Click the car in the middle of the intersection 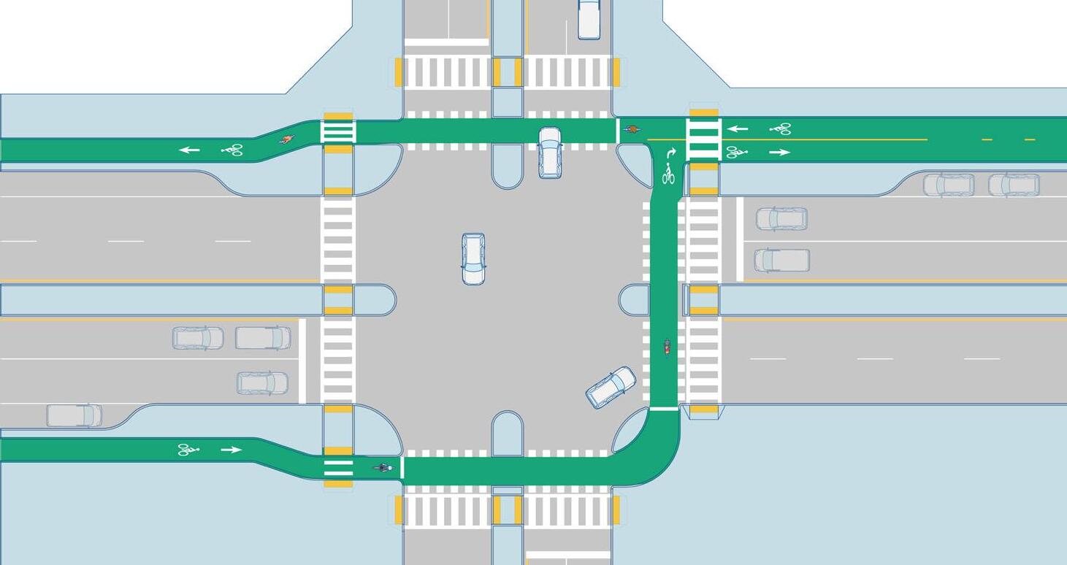click(x=473, y=259)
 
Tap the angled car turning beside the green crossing click(x=611, y=388)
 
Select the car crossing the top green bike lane click(x=550, y=153)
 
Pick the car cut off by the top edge click(x=589, y=19)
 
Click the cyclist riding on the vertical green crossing click(x=667, y=347)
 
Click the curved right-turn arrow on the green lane click(x=671, y=154)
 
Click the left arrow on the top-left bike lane click(x=190, y=150)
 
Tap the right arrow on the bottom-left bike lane click(x=231, y=450)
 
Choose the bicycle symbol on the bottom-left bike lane click(x=188, y=450)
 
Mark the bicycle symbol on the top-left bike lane click(x=232, y=150)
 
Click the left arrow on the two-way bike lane click(x=738, y=129)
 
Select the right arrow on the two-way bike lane click(x=779, y=153)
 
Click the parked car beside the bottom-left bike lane click(x=74, y=415)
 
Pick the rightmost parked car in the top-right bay click(x=1014, y=185)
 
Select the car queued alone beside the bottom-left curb click(x=262, y=383)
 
